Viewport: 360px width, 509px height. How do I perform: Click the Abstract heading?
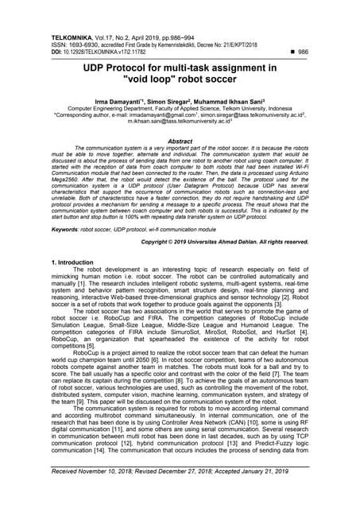180,140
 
